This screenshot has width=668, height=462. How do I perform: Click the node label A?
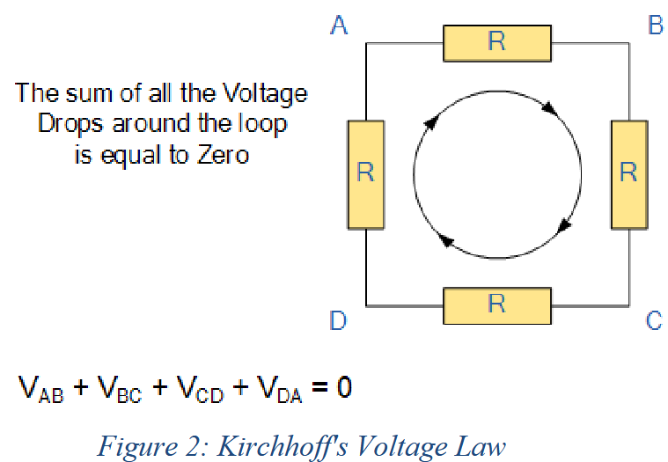[x=339, y=26]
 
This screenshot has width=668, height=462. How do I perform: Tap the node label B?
[x=655, y=26]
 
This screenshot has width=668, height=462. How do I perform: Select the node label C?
[x=654, y=321]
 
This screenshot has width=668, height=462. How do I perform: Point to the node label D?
[x=339, y=321]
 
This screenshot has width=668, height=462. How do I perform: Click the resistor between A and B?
[x=496, y=42]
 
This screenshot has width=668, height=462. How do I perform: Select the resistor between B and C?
[x=628, y=172]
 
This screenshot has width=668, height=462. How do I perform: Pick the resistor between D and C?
[x=496, y=304]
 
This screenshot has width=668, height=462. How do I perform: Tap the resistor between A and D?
[x=365, y=172]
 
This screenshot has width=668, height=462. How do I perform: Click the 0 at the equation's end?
[x=343, y=386]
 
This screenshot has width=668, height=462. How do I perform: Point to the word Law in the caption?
[x=482, y=446]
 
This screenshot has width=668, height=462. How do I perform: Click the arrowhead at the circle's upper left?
[x=430, y=122]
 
